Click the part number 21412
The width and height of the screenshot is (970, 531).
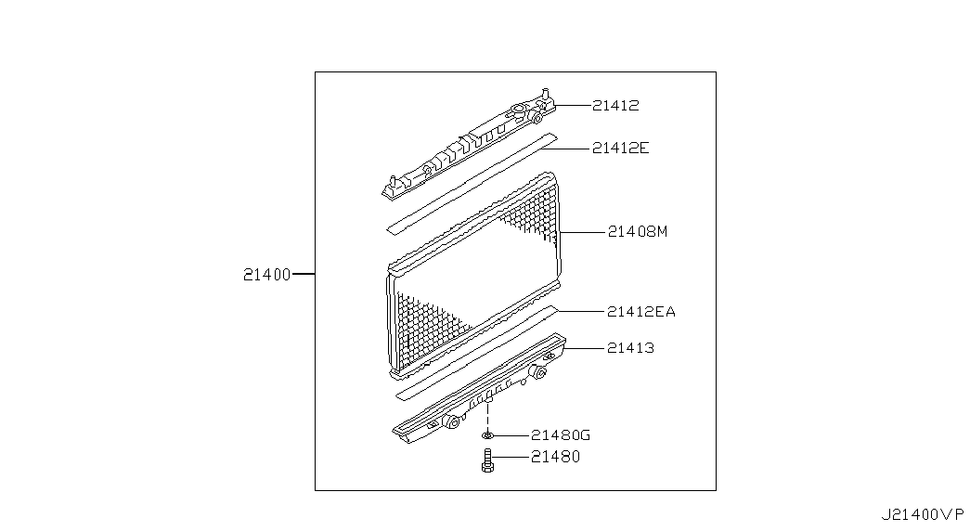coord(615,105)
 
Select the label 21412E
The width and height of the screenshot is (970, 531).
coord(620,148)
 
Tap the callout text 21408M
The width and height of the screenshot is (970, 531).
coord(637,231)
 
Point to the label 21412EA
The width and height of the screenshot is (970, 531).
coord(640,311)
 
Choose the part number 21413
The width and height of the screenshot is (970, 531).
coord(630,348)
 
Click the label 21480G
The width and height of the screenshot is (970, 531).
coord(561,435)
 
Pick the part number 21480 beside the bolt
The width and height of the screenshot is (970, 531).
coord(555,457)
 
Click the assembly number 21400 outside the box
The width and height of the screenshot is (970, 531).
coord(266,274)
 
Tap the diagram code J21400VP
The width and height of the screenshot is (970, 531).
coord(923,514)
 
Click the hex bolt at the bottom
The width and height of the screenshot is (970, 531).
coord(487,461)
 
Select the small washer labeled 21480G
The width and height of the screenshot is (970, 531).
coord(487,435)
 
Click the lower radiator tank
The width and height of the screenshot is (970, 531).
coord(480,388)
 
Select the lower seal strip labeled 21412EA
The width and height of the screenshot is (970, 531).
coord(476,351)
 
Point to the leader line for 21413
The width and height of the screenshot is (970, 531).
coord(584,348)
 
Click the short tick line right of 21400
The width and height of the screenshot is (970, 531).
coord(304,274)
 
